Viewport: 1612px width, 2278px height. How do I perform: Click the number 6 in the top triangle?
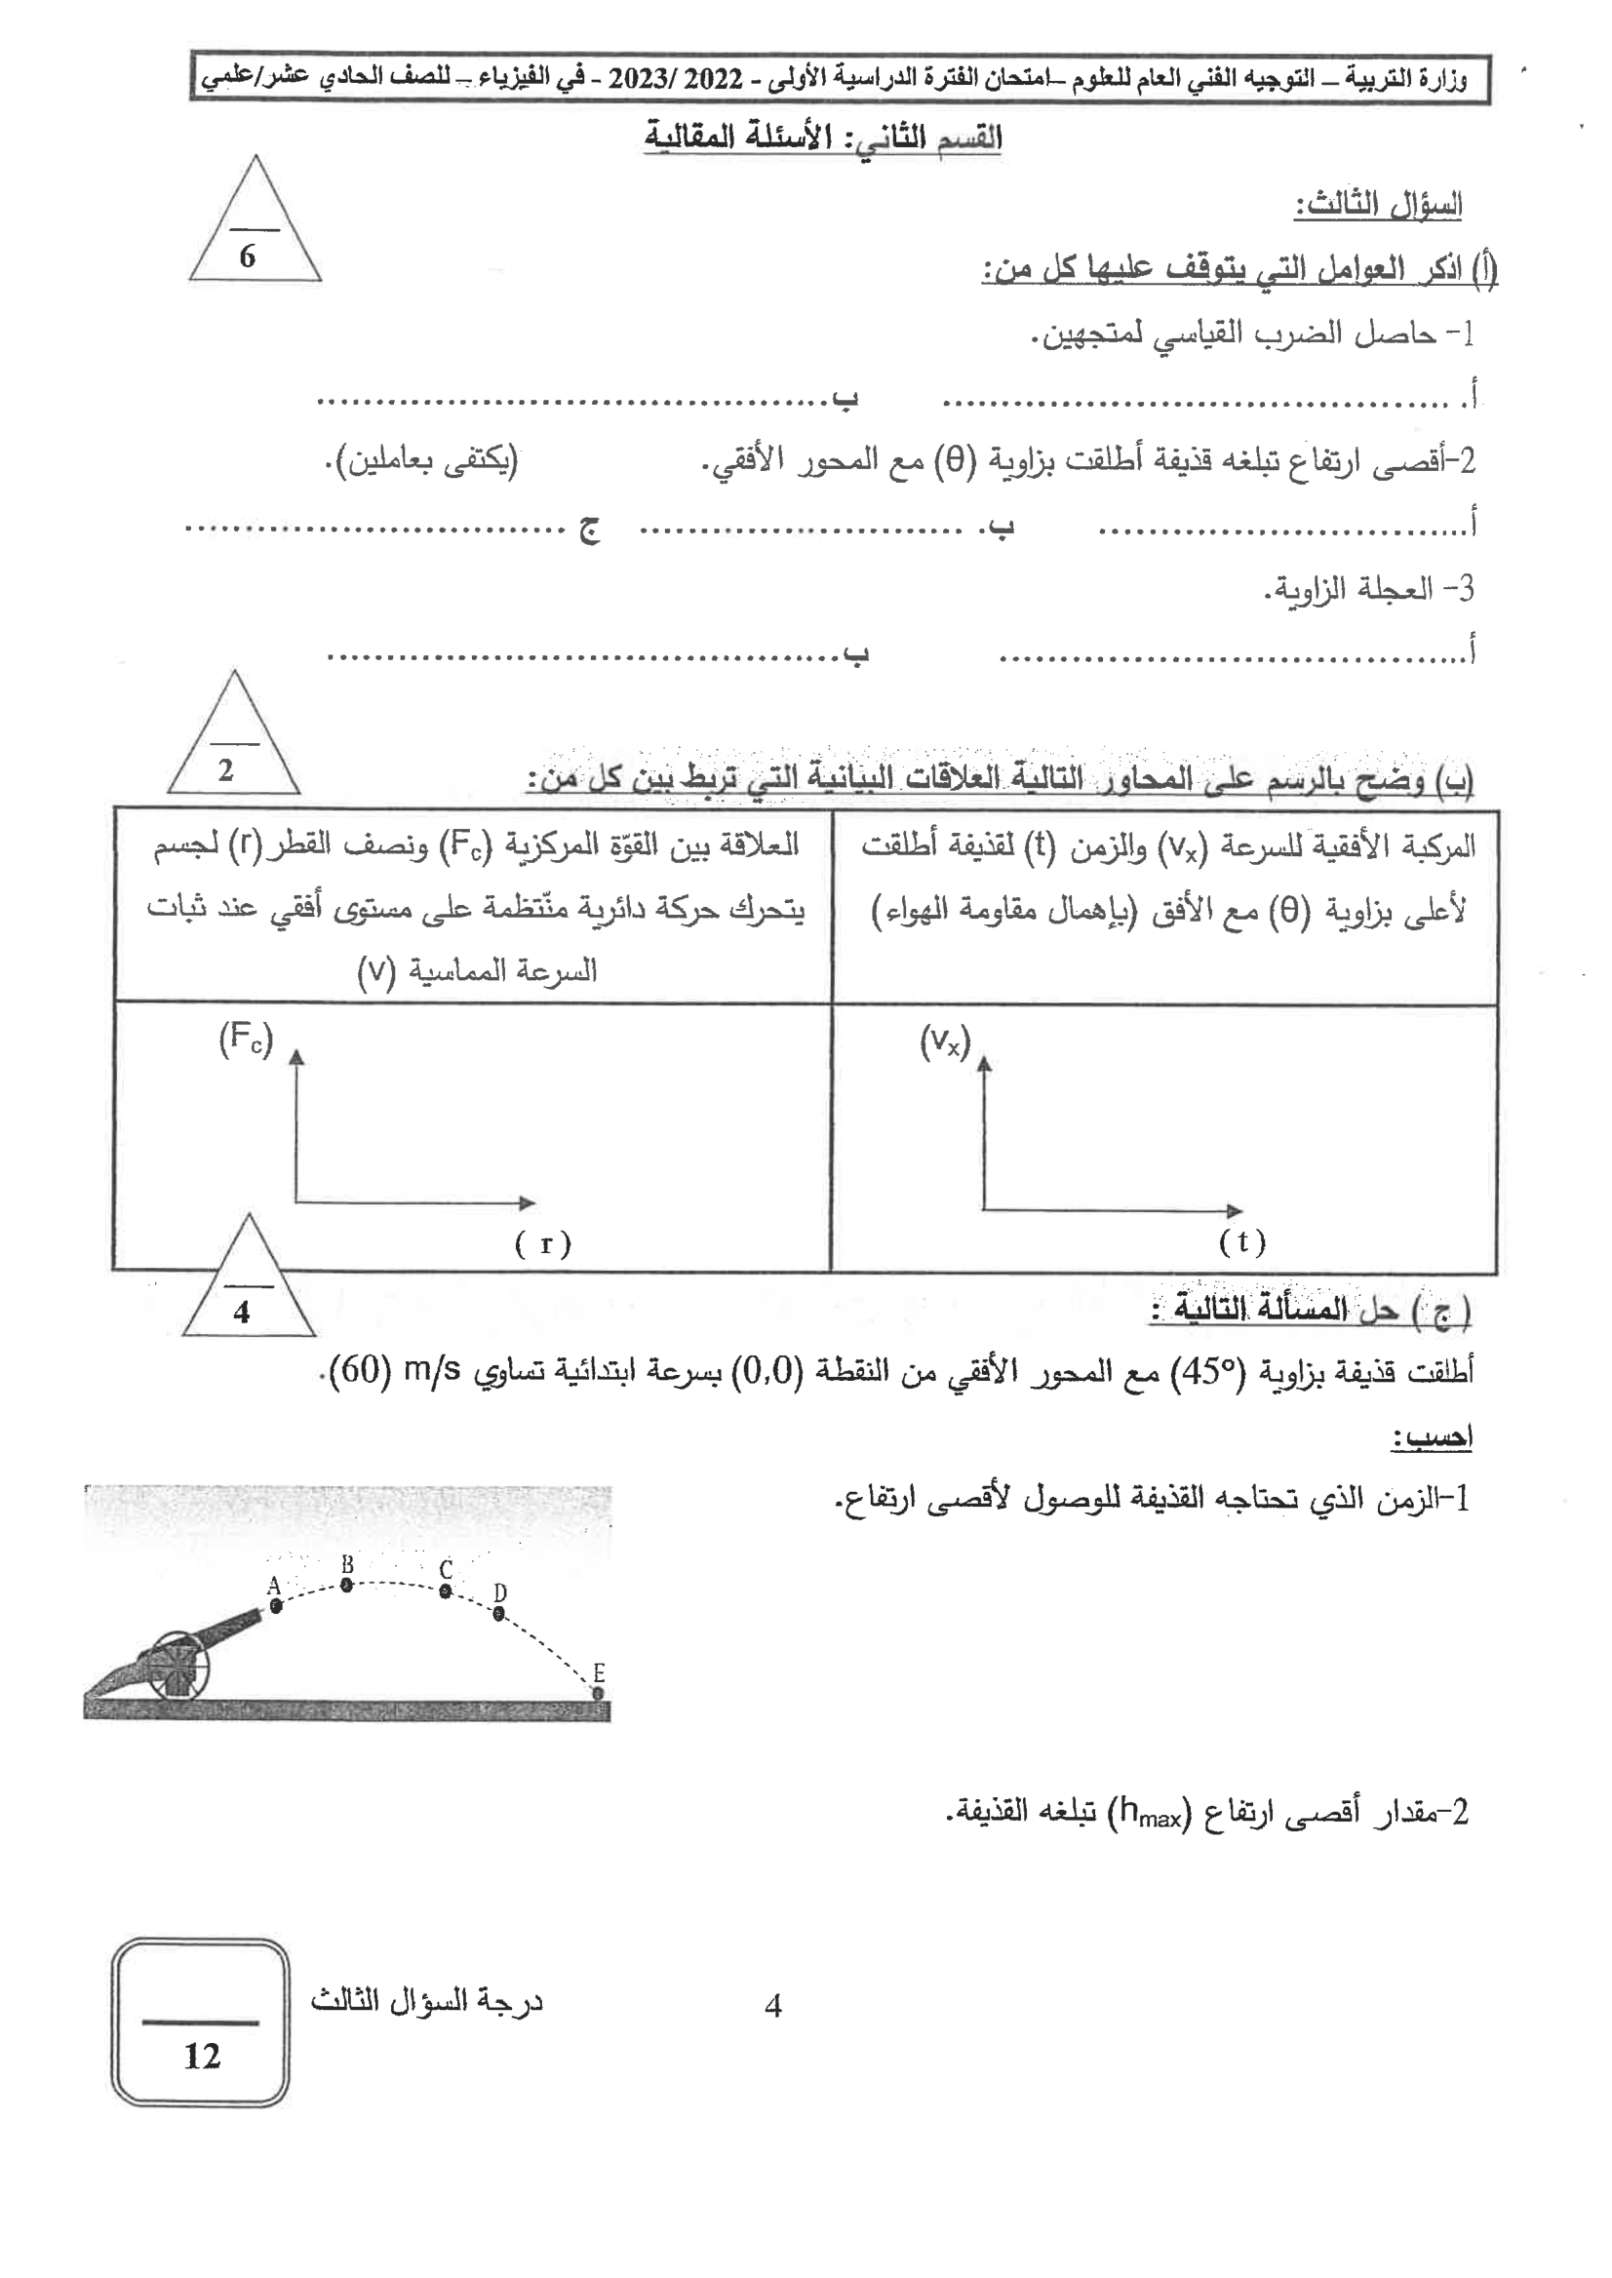coord(247,257)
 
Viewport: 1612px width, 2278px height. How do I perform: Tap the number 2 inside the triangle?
coord(226,769)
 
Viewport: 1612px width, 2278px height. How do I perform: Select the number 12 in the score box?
coord(202,2056)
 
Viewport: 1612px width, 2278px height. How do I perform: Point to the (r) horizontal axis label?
coord(543,1243)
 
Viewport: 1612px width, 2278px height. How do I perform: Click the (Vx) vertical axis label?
coord(945,1042)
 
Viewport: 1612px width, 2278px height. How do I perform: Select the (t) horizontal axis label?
coord(1241,1241)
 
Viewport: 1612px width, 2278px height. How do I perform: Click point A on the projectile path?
coord(276,1606)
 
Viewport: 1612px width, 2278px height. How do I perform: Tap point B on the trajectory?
coord(346,1587)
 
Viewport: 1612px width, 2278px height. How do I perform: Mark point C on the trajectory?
coord(446,1591)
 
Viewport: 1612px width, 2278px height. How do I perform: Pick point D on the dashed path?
coord(499,1614)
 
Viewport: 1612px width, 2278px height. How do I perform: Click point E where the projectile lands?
coord(598,1692)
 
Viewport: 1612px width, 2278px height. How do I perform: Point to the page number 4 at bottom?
coord(773,2007)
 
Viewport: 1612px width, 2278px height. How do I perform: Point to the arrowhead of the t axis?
coord(1234,1211)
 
